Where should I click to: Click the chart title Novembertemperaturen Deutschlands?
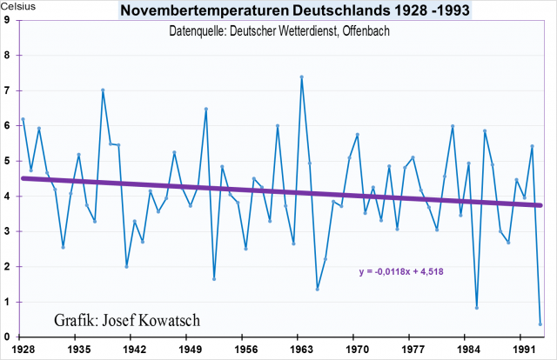click(279, 10)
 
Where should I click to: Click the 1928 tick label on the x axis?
click(23, 349)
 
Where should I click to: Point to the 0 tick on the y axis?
click(7, 337)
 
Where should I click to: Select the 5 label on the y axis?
click(7, 161)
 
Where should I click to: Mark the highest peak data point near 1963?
click(301, 77)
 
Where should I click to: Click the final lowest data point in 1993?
click(541, 324)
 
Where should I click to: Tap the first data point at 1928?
click(23, 119)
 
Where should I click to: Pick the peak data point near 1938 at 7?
click(103, 90)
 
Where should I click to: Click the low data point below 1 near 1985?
click(477, 308)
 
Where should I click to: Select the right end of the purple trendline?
click(540, 205)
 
